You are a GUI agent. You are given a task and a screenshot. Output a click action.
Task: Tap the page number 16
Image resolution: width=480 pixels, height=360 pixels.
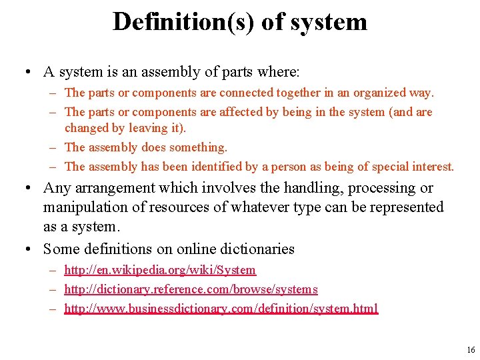[x=471, y=349]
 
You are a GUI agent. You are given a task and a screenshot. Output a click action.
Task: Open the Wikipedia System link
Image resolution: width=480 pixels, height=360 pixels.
[x=160, y=270]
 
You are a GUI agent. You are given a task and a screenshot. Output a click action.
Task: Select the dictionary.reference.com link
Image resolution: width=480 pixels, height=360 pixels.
[x=191, y=289]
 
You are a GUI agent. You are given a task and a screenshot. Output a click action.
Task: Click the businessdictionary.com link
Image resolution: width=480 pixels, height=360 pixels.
[x=221, y=309]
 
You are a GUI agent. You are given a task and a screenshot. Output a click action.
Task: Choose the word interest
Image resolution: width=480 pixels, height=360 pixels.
[x=433, y=167]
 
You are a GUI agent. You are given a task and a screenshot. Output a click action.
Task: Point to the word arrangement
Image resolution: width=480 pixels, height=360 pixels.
[x=109, y=189]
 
